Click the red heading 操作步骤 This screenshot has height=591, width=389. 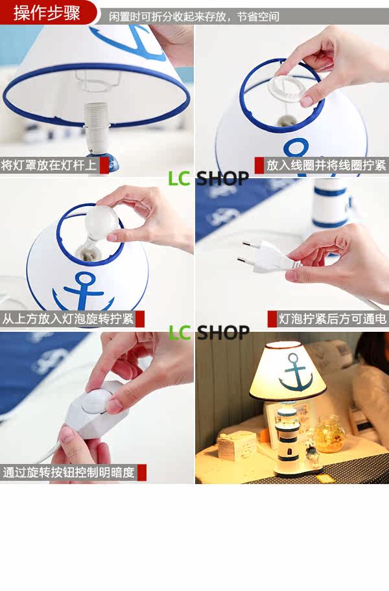47,13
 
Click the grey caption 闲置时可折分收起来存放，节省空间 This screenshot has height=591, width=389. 194,17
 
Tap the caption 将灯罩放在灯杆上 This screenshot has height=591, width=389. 49,165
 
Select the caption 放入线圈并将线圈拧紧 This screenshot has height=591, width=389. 326,165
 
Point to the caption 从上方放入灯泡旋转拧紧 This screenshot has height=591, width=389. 68,318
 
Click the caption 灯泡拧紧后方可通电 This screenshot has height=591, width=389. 333,318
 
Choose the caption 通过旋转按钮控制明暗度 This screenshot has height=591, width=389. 69,472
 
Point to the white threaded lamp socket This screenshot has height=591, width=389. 97,124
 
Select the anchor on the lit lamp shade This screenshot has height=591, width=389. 296,372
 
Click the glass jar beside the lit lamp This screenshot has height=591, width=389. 330,434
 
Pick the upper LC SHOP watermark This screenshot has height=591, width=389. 209,179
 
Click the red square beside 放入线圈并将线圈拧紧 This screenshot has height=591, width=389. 259,165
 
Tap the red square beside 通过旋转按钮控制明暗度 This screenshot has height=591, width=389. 142,472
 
